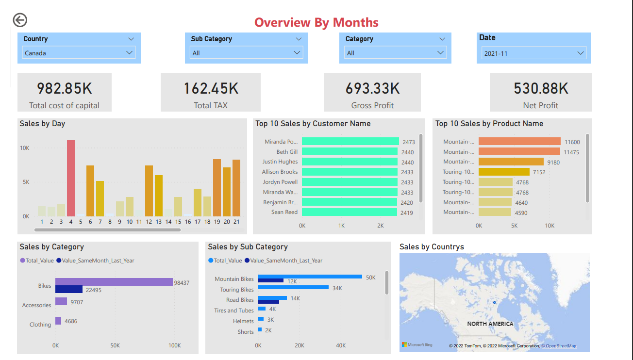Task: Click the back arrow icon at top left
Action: [20, 20]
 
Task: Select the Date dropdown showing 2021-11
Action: [533, 53]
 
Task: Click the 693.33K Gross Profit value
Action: [372, 89]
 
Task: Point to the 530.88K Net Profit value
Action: [541, 89]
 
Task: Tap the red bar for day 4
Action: [71, 178]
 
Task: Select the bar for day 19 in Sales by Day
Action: [217, 188]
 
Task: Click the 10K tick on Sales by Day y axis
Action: [24, 147]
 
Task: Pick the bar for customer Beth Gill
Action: [350, 152]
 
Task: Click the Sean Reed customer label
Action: [284, 212]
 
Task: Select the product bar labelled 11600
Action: [519, 142]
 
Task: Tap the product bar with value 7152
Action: [504, 172]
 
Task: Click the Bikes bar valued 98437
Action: [114, 282]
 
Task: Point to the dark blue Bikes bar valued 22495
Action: [69, 290]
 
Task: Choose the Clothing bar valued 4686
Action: [58, 321]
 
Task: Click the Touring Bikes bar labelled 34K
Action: [293, 288]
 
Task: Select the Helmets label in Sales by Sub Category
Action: [243, 321]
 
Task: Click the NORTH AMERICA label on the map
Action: [490, 324]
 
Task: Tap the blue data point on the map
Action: [494, 302]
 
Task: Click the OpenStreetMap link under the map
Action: [559, 346]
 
